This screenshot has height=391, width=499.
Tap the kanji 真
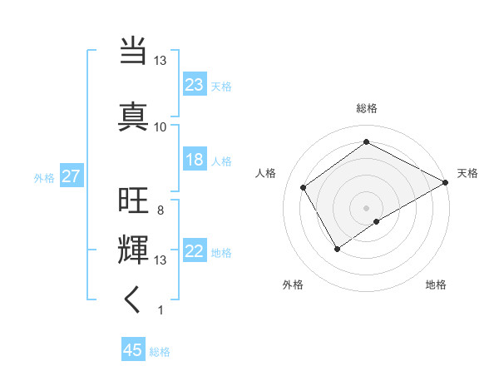coord(133,114)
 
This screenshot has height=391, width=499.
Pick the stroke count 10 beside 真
coord(161,126)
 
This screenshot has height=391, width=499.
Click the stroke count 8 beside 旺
coord(160,210)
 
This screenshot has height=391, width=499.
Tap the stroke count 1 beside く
coord(160,310)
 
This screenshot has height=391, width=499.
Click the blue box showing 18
coord(194,160)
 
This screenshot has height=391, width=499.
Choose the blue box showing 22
coord(194,252)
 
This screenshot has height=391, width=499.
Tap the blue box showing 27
coord(71,176)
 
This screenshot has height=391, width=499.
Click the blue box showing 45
coord(132,350)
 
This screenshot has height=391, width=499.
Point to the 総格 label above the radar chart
coord(366,108)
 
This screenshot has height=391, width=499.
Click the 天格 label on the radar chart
coord(467,173)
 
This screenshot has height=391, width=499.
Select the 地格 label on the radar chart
coord(436,285)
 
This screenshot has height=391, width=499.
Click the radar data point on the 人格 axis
coord(304,187)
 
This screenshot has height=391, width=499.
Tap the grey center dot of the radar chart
coord(366,207)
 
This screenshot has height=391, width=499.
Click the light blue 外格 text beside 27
coord(43,177)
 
